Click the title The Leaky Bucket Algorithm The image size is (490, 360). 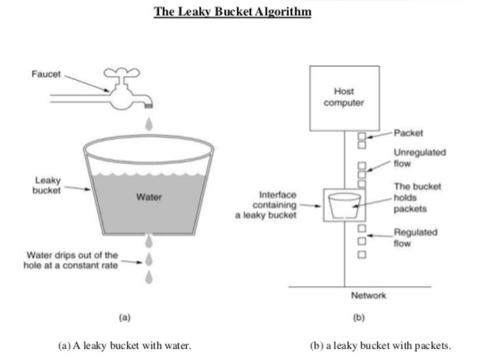point(232,12)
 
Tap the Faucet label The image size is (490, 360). point(46,74)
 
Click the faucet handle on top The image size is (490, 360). point(121,72)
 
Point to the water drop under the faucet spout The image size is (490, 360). point(149,123)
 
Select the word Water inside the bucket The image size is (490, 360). point(149,197)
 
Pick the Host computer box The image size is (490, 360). point(344,98)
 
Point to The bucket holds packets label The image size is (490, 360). point(417,197)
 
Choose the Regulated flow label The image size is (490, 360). point(415,237)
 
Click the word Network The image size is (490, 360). point(368,295)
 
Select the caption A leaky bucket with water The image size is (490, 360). point(125,345)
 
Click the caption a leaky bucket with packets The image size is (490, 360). point(380,345)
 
